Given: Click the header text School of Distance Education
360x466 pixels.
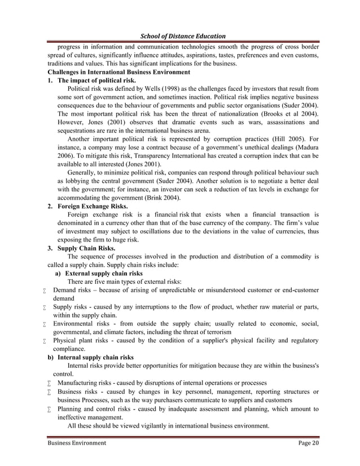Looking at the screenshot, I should [x=180, y=35].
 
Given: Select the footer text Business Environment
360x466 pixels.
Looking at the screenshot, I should [x=77, y=443].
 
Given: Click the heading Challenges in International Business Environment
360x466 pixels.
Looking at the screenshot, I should [x=119, y=72].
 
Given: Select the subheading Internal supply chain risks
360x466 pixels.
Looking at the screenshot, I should [x=99, y=357].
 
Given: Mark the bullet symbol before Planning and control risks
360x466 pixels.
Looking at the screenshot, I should [x=50, y=409].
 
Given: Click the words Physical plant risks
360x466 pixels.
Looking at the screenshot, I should [x=84, y=340].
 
